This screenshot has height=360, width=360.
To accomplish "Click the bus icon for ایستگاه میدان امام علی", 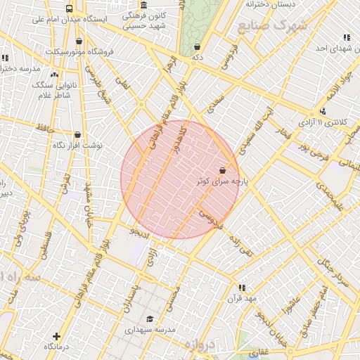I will coord(69,9).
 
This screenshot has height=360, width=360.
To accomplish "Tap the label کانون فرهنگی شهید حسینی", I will coord(144,20).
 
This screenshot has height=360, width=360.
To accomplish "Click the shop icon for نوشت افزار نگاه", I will coord(77,134).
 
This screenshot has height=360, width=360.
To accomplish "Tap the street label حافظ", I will coord(45,129).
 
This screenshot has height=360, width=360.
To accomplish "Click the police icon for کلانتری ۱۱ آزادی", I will coord(322,111).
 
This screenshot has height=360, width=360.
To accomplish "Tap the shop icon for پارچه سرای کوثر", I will coord(223,170).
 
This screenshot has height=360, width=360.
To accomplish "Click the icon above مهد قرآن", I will coord(242,287).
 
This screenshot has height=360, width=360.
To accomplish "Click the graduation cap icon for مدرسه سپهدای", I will coord(148,319).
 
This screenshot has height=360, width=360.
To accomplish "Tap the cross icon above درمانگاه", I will coord(56,336).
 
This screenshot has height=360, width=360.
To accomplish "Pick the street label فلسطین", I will coord(46,247).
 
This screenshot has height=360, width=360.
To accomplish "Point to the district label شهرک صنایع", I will coord(272,28).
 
